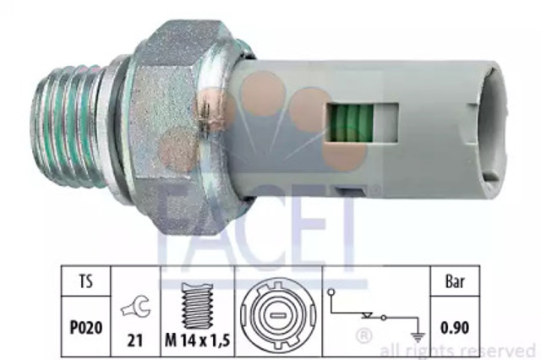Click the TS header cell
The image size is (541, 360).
(86, 281)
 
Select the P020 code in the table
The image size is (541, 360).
(86, 327)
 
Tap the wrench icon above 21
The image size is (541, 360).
(135, 307)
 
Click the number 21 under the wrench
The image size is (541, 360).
(135, 341)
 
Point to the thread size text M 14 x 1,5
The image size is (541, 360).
(197, 341)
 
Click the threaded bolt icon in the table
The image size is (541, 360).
(197, 306)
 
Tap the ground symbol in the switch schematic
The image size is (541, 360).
(418, 337)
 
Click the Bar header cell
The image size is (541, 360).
(455, 281)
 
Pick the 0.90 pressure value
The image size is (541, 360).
(455, 327)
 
